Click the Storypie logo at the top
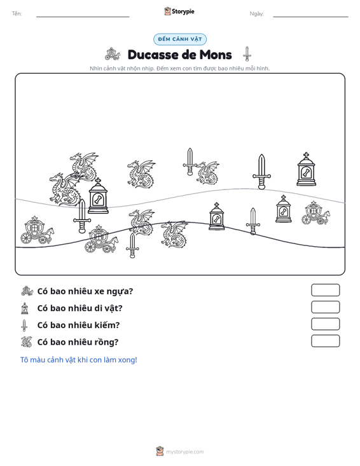click(179, 11)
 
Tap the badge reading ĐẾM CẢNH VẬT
click(180, 39)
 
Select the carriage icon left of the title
click(113, 54)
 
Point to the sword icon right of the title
click(247, 54)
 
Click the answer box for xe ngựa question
click(325, 290)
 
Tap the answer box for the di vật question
click(325, 307)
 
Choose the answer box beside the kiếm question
click(325, 324)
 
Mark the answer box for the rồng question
click(325, 341)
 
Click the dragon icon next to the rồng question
click(26, 342)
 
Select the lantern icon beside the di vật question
click(25, 308)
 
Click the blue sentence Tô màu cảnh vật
click(78, 360)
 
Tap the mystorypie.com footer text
click(184, 452)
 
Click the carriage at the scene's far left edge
click(37, 230)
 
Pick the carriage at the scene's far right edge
click(315, 213)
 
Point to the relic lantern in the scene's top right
click(306, 169)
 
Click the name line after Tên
click(83, 17)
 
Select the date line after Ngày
click(310, 17)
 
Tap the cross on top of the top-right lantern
click(306, 155)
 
